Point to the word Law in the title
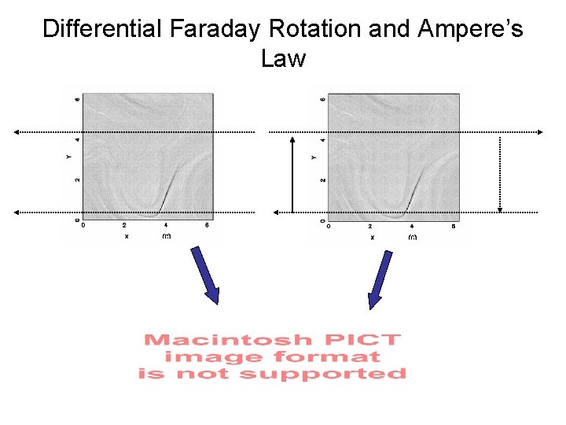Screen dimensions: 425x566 283,59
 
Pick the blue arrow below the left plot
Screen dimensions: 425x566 205,275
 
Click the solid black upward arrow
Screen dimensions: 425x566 292,174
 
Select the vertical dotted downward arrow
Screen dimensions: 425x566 501,174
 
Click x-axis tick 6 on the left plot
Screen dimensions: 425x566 207,226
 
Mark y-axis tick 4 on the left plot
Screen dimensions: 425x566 77,139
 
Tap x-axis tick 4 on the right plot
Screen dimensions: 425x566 411,227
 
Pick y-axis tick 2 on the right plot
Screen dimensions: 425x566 322,180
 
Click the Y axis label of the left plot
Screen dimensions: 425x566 69,157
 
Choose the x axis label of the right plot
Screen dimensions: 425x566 372,236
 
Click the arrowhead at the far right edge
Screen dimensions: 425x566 541,132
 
